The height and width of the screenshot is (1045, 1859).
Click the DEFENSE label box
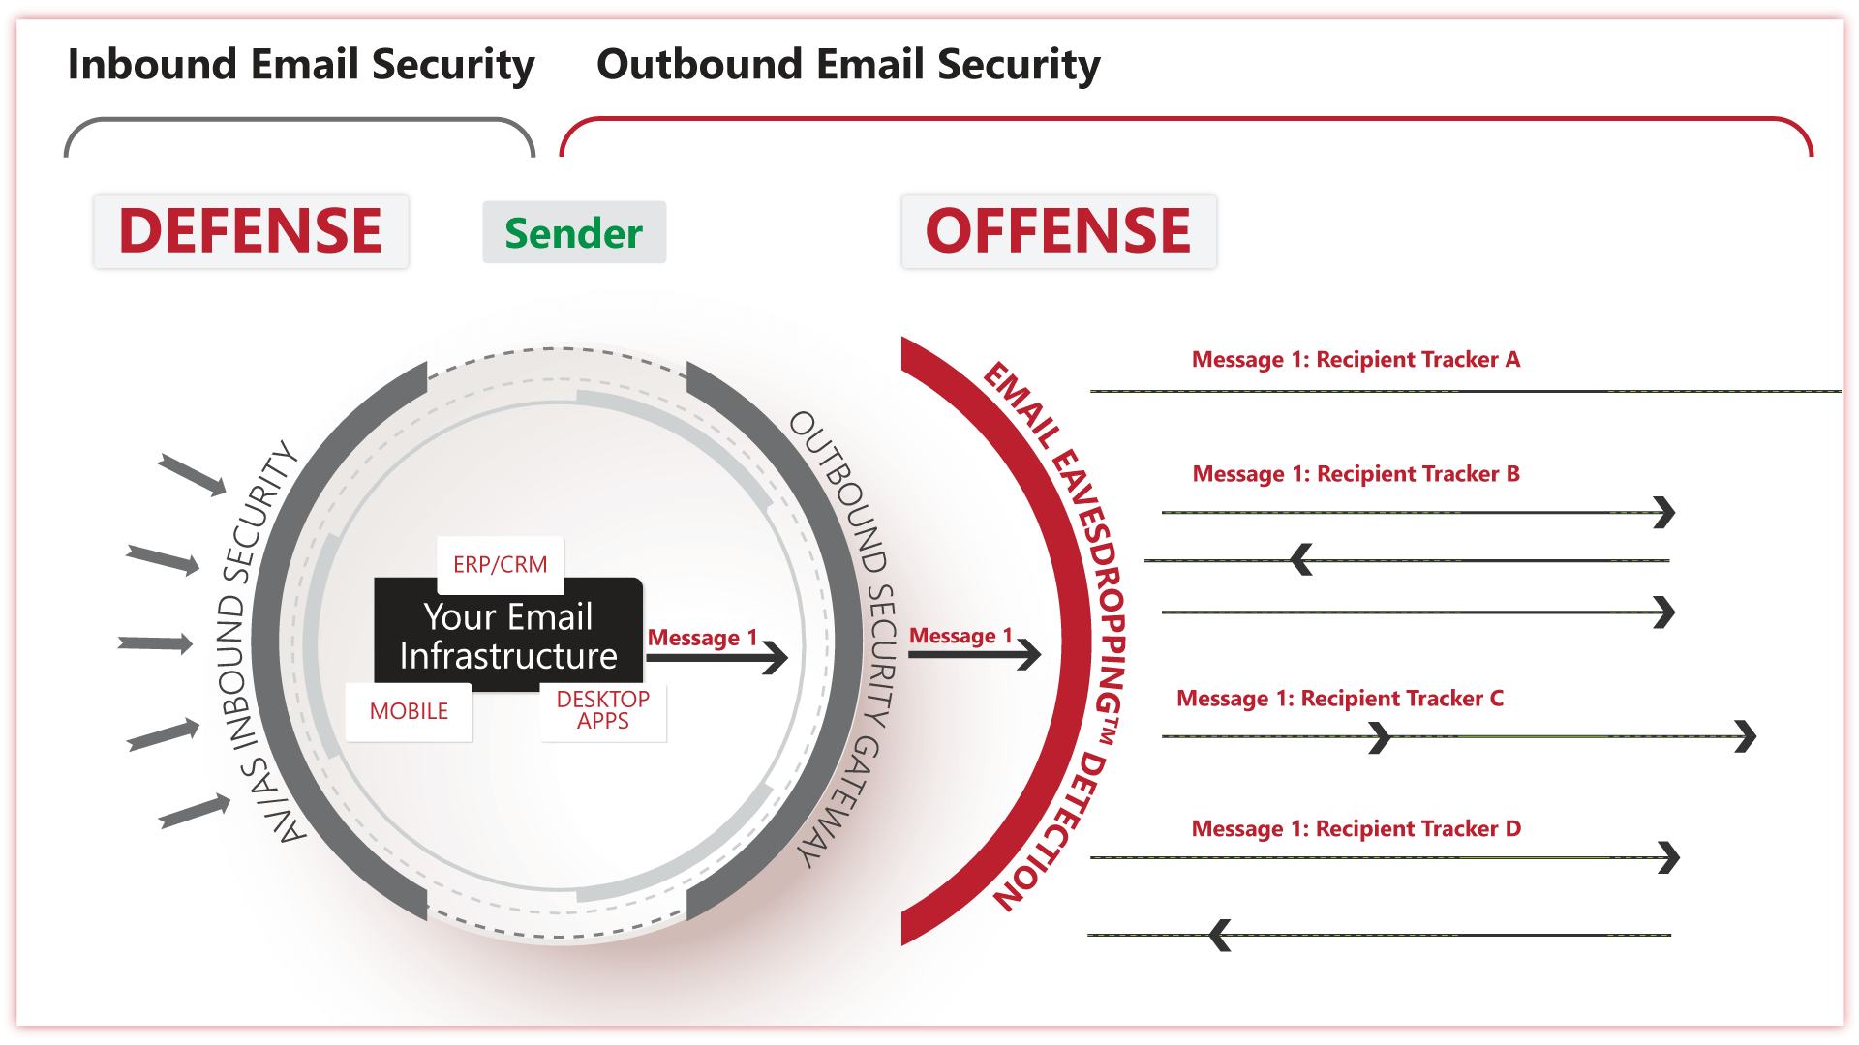point(251,231)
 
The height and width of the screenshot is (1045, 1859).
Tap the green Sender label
point(574,233)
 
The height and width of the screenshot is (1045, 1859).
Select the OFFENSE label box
point(1058,231)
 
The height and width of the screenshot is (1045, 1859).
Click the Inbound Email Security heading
point(301,65)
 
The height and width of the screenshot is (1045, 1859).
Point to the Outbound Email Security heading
point(848,65)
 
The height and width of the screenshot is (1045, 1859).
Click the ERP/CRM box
point(500,564)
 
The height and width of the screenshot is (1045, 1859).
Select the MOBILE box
point(409,711)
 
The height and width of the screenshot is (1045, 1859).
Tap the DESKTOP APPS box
point(602,710)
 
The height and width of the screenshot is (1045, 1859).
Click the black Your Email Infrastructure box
point(508,636)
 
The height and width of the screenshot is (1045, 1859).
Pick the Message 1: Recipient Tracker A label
point(1356,360)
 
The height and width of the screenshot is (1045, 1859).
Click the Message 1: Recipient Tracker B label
point(1356,474)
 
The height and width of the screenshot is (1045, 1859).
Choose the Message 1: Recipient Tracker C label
point(1340,699)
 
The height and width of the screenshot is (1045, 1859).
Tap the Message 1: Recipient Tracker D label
point(1356,829)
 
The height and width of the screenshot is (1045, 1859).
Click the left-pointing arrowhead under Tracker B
point(1302,559)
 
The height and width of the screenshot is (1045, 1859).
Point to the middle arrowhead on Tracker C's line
point(1381,737)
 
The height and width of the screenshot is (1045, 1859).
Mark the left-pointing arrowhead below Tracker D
point(1221,935)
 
